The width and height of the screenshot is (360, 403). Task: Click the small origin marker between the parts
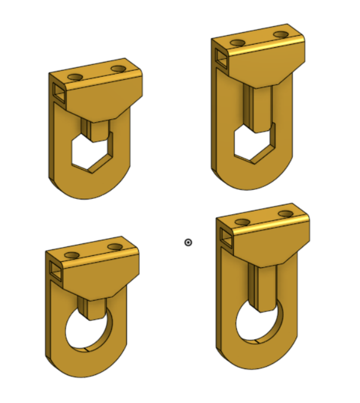[188, 242]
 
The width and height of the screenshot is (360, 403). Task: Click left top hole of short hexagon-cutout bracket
[75, 77]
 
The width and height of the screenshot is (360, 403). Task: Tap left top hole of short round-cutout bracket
[72, 255]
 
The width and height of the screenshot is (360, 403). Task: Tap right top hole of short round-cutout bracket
[114, 246]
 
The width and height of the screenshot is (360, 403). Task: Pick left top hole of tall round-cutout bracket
[242, 222]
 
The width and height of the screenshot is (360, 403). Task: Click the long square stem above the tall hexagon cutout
[258, 107]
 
